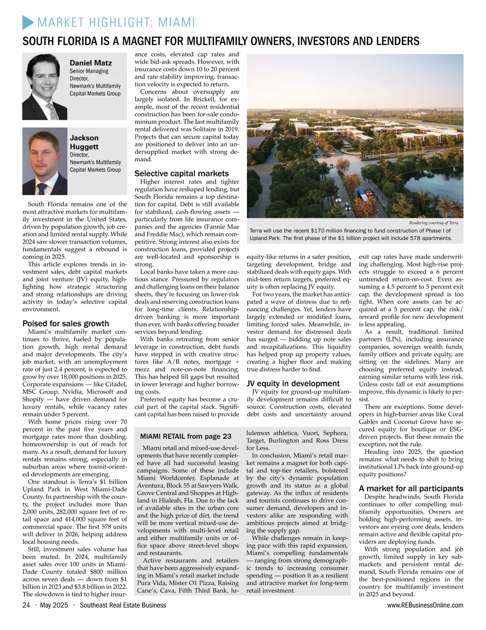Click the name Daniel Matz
point(91,63)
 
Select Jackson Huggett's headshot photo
point(45,161)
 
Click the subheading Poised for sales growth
point(66,323)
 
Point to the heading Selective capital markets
point(181,173)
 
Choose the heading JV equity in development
point(293,383)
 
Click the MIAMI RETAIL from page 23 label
point(185,436)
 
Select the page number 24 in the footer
point(26,605)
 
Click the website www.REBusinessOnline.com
point(425,605)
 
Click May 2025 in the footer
point(54,605)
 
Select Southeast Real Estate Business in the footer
point(123,605)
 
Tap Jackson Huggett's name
point(84,142)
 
